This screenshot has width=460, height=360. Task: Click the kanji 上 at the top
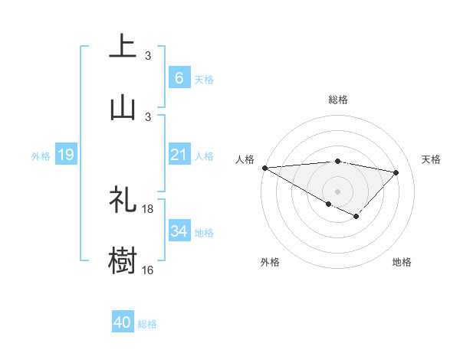[x=123, y=46]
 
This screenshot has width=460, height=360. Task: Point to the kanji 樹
[x=123, y=260]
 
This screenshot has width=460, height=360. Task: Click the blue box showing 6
[x=179, y=78]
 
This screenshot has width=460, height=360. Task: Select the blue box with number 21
[x=179, y=155]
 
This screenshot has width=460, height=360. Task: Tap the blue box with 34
[x=179, y=231]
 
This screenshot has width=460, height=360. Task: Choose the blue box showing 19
[x=65, y=155]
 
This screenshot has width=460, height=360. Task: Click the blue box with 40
[x=123, y=323]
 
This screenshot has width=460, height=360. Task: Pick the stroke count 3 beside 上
[x=148, y=56]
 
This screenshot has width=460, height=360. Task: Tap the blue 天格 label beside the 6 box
[x=204, y=79]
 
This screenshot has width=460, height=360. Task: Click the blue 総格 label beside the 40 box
[x=147, y=324]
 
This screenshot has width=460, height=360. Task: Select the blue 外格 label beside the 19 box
[x=41, y=156]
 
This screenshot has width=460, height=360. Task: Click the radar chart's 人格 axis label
[x=245, y=159]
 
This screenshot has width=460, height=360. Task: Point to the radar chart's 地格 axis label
[x=402, y=263]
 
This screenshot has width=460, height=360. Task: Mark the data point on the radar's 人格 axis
[x=264, y=168]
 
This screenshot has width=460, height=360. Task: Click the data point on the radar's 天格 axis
[x=396, y=172]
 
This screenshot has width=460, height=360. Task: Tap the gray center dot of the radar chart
[x=337, y=191]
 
